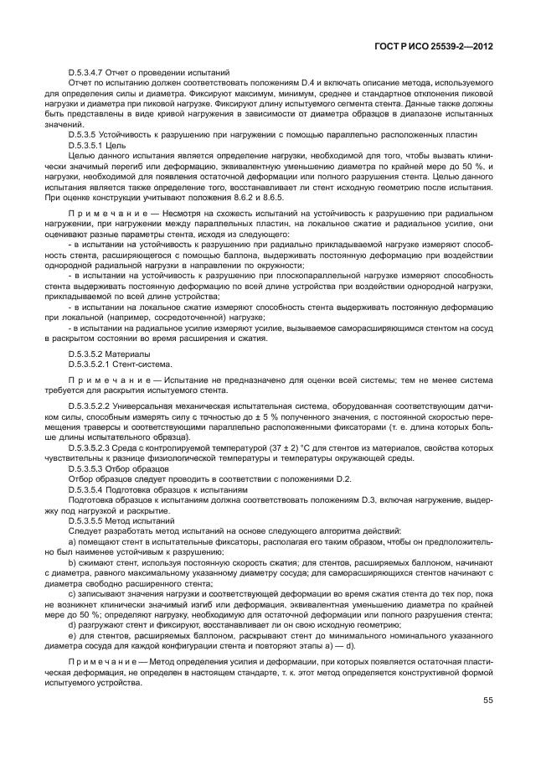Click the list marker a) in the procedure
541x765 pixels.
coord(72,543)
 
